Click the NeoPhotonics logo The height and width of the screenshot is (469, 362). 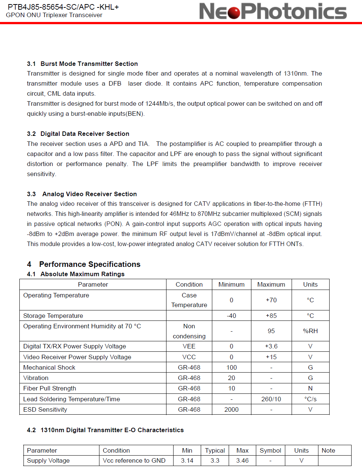click(x=273, y=11)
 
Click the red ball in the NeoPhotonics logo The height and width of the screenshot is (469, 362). click(x=234, y=12)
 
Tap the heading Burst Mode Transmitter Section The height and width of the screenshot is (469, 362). click(x=89, y=64)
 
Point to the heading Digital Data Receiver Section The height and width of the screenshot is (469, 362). click(x=85, y=134)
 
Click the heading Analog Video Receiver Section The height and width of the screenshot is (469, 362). click(x=89, y=194)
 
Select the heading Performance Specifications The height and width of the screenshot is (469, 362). click(x=90, y=264)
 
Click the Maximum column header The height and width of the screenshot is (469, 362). click(x=271, y=284)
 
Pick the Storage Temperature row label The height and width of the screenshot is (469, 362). click(x=53, y=316)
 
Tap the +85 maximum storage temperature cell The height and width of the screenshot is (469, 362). click(x=271, y=316)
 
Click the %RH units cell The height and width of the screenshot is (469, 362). click(x=310, y=331)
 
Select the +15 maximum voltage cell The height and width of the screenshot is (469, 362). click(x=271, y=357)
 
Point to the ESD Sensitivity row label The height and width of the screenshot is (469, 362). click(x=45, y=409)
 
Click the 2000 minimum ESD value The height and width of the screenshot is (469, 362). click(x=231, y=409)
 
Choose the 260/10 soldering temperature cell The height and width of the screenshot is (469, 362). click(x=271, y=399)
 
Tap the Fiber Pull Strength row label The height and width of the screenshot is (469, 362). click(x=50, y=388)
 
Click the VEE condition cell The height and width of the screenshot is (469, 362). click(x=189, y=346)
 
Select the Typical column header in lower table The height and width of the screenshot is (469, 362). click(x=215, y=450)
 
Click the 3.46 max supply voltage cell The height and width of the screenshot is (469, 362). click(x=242, y=460)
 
